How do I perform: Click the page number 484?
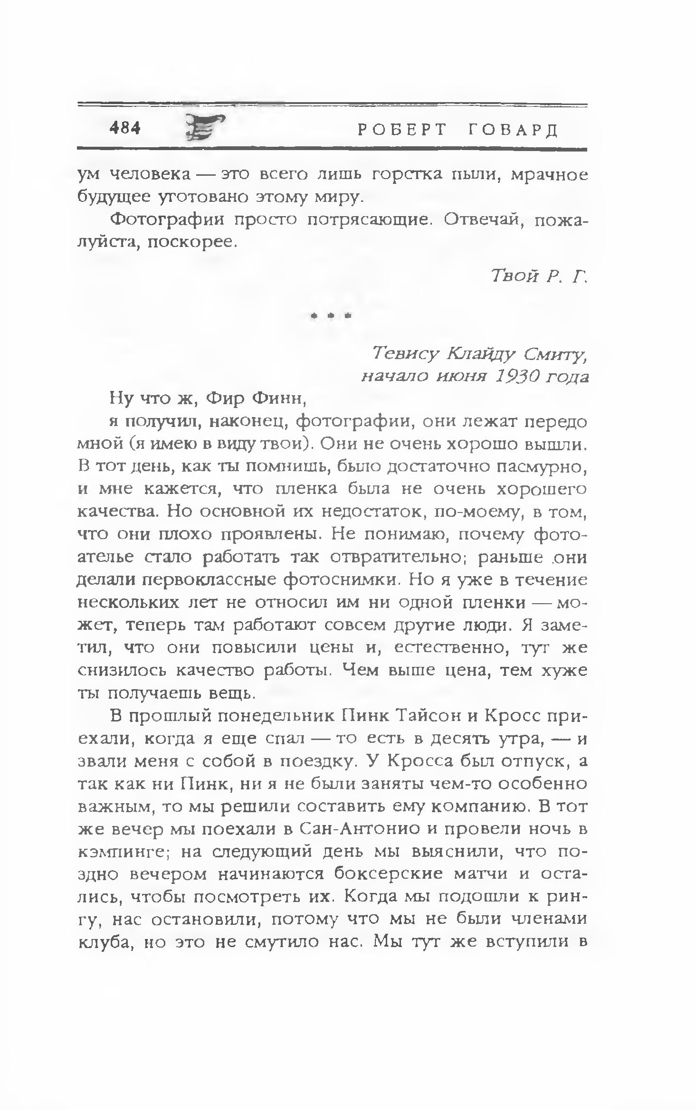coord(124,128)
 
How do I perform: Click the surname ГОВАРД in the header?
coord(513,129)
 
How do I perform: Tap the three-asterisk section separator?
coord(330,315)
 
